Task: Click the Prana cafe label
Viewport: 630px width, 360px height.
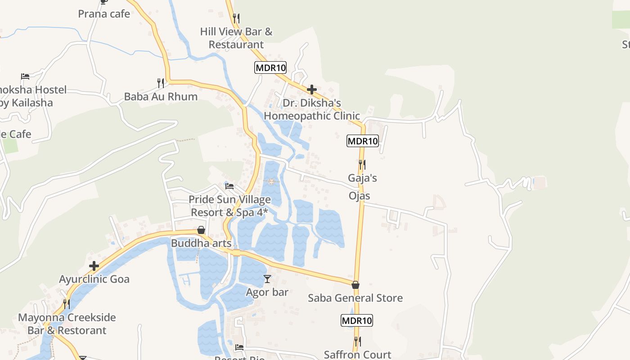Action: tap(104, 14)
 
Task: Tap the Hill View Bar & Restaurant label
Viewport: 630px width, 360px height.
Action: tap(236, 38)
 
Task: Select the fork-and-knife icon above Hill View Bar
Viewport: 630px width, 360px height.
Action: tap(236, 18)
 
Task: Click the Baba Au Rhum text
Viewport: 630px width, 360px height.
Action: tap(161, 97)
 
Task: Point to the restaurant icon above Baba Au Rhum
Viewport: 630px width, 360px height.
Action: tap(161, 83)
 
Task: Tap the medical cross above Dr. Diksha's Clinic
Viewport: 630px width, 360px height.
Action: tap(312, 90)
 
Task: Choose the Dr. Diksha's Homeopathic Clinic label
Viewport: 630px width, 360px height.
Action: tap(312, 109)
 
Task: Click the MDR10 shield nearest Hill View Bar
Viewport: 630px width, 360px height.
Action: tap(270, 68)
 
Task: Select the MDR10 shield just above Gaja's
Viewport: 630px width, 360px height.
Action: tap(363, 141)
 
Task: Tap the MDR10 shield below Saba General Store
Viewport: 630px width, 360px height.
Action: tap(357, 321)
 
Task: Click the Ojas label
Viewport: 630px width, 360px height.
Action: tap(360, 196)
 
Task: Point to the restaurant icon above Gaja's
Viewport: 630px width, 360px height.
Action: tap(362, 165)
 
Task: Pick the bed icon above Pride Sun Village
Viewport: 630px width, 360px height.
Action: tap(229, 186)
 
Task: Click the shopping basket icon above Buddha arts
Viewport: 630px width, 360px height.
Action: tap(201, 230)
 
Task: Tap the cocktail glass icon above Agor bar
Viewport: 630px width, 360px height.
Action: tap(267, 279)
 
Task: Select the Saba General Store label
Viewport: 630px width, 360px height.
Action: tap(355, 298)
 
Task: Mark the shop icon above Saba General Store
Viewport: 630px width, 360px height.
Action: tap(355, 285)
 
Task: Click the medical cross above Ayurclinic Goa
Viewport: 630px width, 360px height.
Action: tap(94, 266)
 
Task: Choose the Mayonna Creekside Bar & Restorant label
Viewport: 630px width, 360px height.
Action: tap(67, 324)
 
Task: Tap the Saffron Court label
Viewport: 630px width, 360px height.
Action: tap(357, 355)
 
